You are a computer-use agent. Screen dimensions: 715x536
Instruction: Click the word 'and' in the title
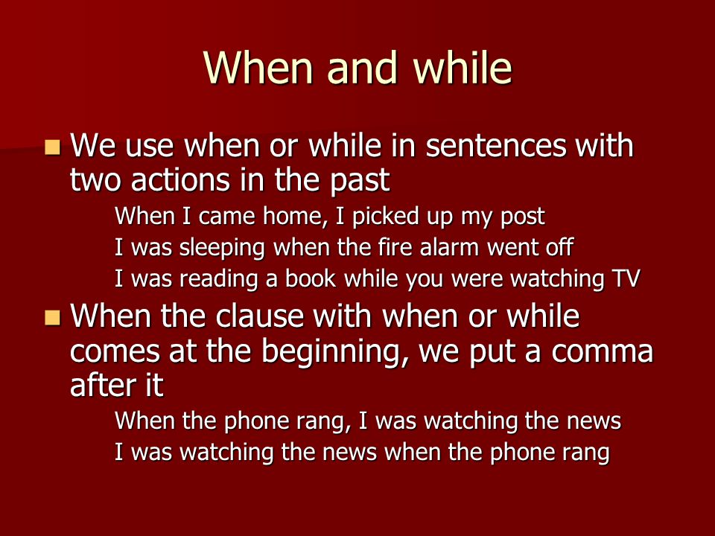[x=362, y=68]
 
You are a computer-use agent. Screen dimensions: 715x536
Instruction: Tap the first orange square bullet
[x=53, y=147]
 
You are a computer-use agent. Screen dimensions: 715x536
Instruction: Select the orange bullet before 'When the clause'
[x=53, y=317]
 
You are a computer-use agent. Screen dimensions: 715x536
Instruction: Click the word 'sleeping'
[x=222, y=249]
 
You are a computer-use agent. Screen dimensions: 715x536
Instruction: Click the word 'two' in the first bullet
[x=96, y=180]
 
